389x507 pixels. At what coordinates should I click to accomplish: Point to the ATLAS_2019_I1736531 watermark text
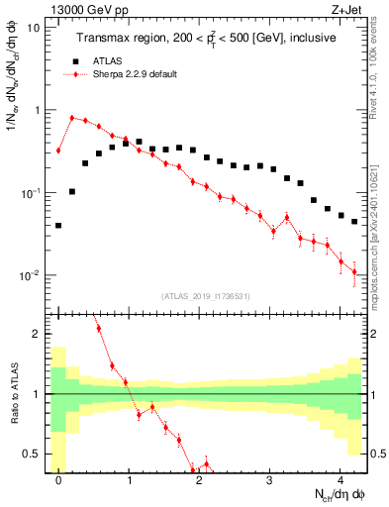[x=206, y=297]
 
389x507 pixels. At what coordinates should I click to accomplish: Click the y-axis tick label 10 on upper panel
[x=34, y=28]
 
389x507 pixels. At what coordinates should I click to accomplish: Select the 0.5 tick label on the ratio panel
[x=33, y=454]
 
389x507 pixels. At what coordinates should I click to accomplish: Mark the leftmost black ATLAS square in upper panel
[x=58, y=226]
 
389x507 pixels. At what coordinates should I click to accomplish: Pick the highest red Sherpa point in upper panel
[x=72, y=118]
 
